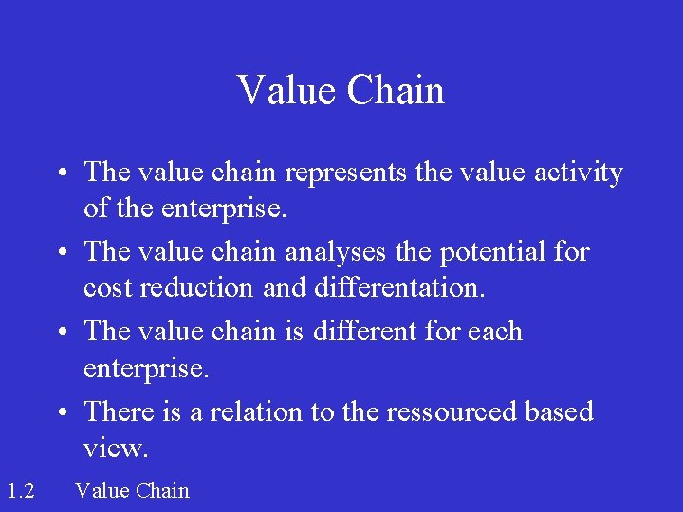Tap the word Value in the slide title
click(x=286, y=91)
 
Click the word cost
click(x=107, y=288)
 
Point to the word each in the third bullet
click(x=494, y=332)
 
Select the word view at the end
click(x=115, y=448)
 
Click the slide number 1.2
click(x=20, y=490)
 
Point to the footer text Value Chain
click(x=132, y=490)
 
